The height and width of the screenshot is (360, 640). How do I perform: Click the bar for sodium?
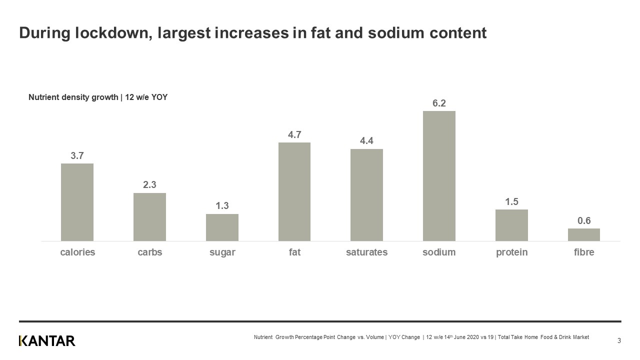[439, 176]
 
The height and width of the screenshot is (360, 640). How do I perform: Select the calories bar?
[77, 202]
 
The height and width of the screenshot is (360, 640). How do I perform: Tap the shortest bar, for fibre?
[583, 234]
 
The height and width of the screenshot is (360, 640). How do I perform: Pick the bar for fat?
[294, 191]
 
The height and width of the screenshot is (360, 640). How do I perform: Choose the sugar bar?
[222, 227]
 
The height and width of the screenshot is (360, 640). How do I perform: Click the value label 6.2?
[439, 103]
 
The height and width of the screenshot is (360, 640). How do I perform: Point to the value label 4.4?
[366, 141]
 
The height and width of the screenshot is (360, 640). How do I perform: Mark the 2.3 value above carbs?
[149, 185]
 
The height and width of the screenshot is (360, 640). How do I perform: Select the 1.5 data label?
[511, 201]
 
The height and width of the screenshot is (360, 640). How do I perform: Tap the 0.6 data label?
[583, 220]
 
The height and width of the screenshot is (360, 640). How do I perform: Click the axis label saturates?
[366, 252]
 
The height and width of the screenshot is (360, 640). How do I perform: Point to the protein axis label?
[511, 252]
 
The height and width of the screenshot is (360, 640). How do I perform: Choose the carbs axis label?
[149, 252]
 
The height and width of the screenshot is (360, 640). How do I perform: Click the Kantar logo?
[47, 341]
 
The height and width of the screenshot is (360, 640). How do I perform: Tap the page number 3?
[619, 341]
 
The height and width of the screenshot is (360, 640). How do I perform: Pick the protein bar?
[511, 225]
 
